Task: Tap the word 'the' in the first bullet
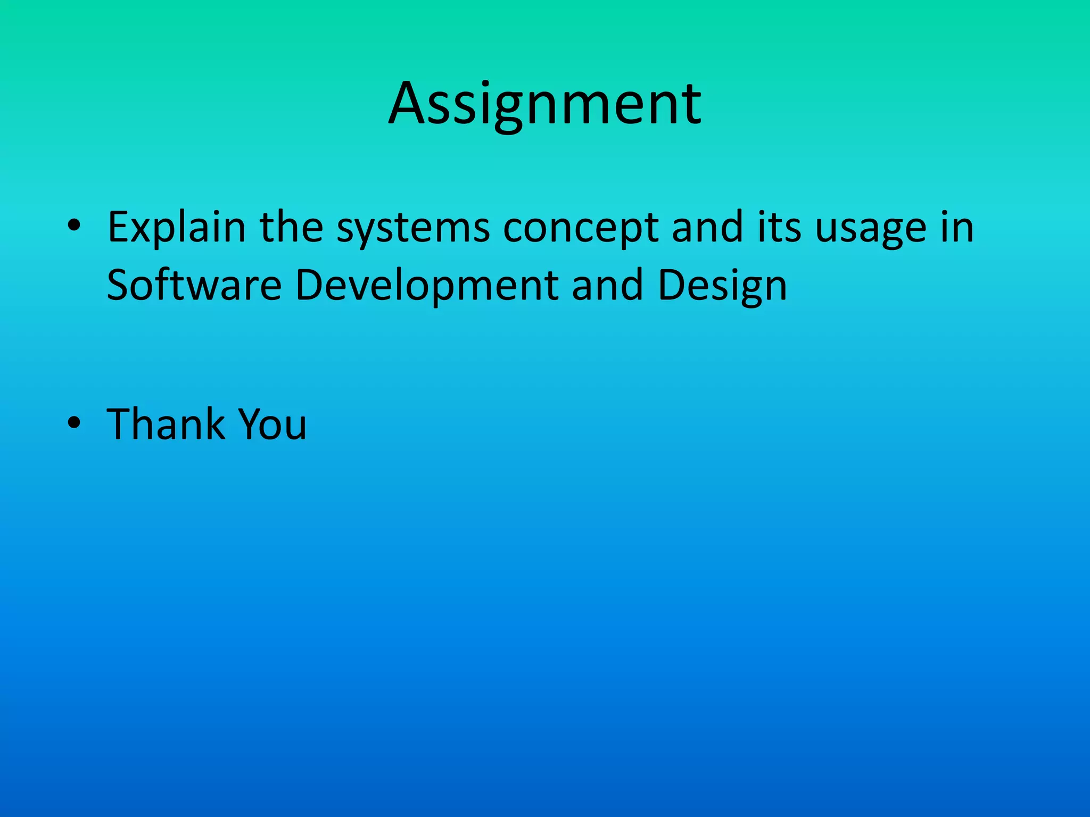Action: point(291,228)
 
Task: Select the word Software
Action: point(194,285)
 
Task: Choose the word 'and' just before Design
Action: point(607,285)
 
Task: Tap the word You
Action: point(272,424)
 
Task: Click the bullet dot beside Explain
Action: point(74,226)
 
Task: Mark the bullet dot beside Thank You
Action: point(74,423)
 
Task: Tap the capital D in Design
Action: point(672,285)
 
